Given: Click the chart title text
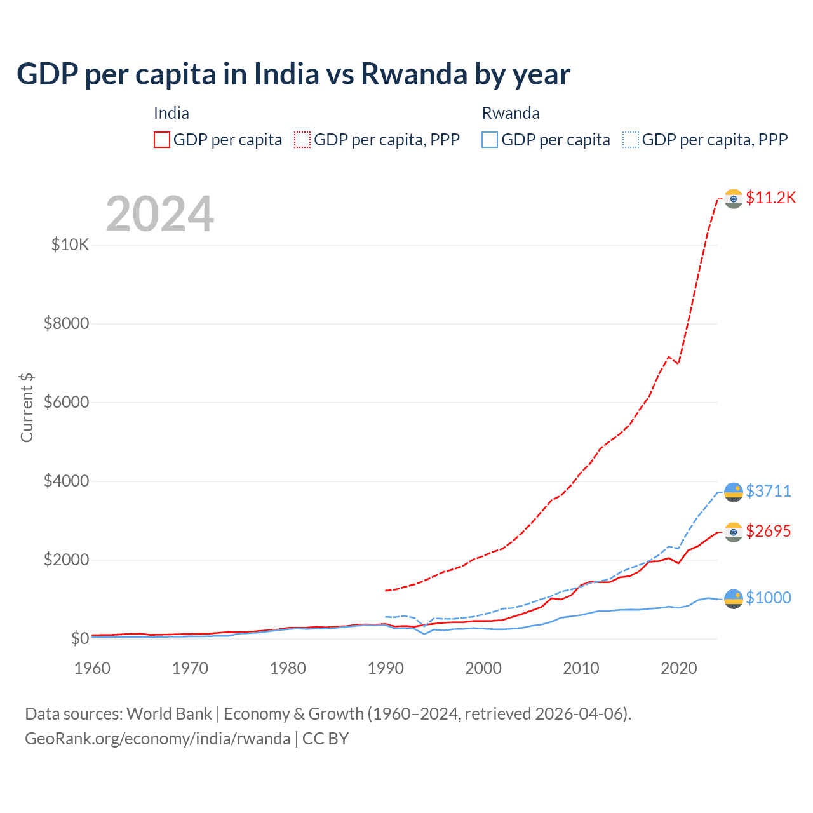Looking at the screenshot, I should (293, 74).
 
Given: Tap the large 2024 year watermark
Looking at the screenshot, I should (159, 214).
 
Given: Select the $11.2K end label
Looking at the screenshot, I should (770, 198).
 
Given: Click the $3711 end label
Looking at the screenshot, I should (769, 491).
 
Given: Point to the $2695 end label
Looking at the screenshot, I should (769, 531).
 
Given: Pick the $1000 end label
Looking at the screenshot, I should (769, 598).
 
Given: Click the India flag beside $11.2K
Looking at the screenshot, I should (734, 198).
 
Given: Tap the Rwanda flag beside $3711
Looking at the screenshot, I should (734, 492).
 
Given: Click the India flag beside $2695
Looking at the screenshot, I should (734, 532).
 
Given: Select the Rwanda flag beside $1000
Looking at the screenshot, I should (734, 598).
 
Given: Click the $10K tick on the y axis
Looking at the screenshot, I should (70, 245).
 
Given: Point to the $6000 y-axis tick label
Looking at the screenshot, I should (66, 402).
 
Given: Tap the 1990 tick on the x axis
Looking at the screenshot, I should (386, 668).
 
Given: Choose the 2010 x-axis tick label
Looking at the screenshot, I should (581, 668).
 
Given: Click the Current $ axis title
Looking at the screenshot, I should (27, 408).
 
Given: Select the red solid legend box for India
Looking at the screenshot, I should (162, 140).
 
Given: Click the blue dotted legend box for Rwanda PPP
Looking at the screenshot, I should (631, 140).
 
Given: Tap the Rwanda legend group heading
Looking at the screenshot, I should (511, 113).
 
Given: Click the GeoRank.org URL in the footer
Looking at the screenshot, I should (158, 739).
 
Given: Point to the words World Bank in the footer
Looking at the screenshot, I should (169, 714).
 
